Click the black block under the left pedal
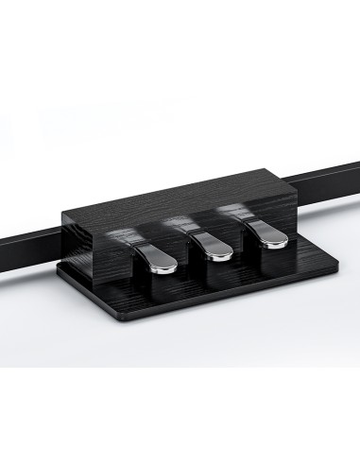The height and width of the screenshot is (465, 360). [159, 283]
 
